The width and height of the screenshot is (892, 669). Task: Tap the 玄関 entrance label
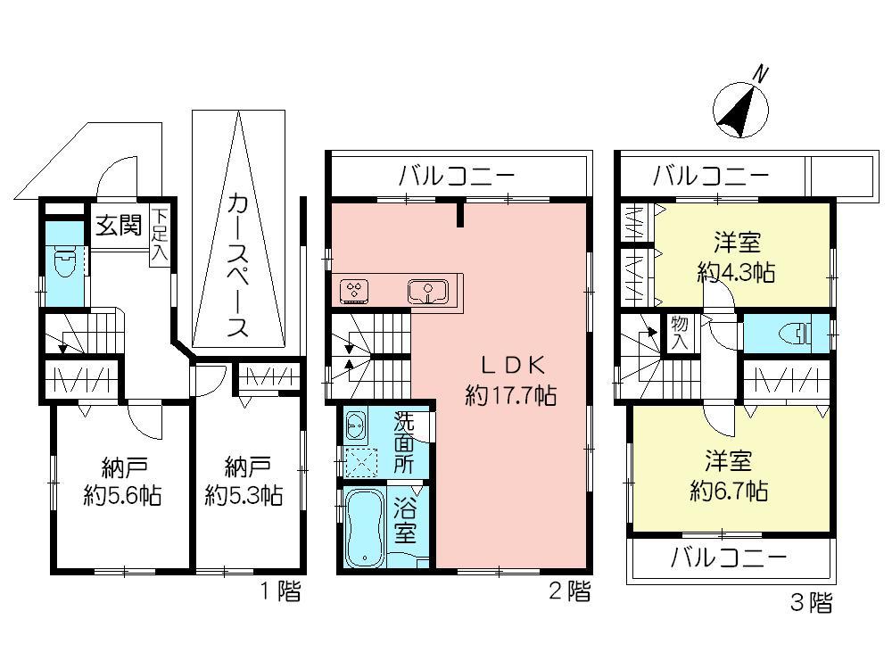[119, 225]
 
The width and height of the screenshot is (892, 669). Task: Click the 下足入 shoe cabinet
[160, 235]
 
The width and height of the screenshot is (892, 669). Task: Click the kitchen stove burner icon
[355, 290]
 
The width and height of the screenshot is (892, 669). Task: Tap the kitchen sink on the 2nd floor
[429, 291]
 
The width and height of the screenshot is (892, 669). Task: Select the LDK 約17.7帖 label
[507, 380]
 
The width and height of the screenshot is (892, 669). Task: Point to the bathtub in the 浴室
[364, 528]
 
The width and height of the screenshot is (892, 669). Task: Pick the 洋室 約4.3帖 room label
[735, 257]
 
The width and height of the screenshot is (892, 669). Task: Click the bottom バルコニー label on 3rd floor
[729, 559]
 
